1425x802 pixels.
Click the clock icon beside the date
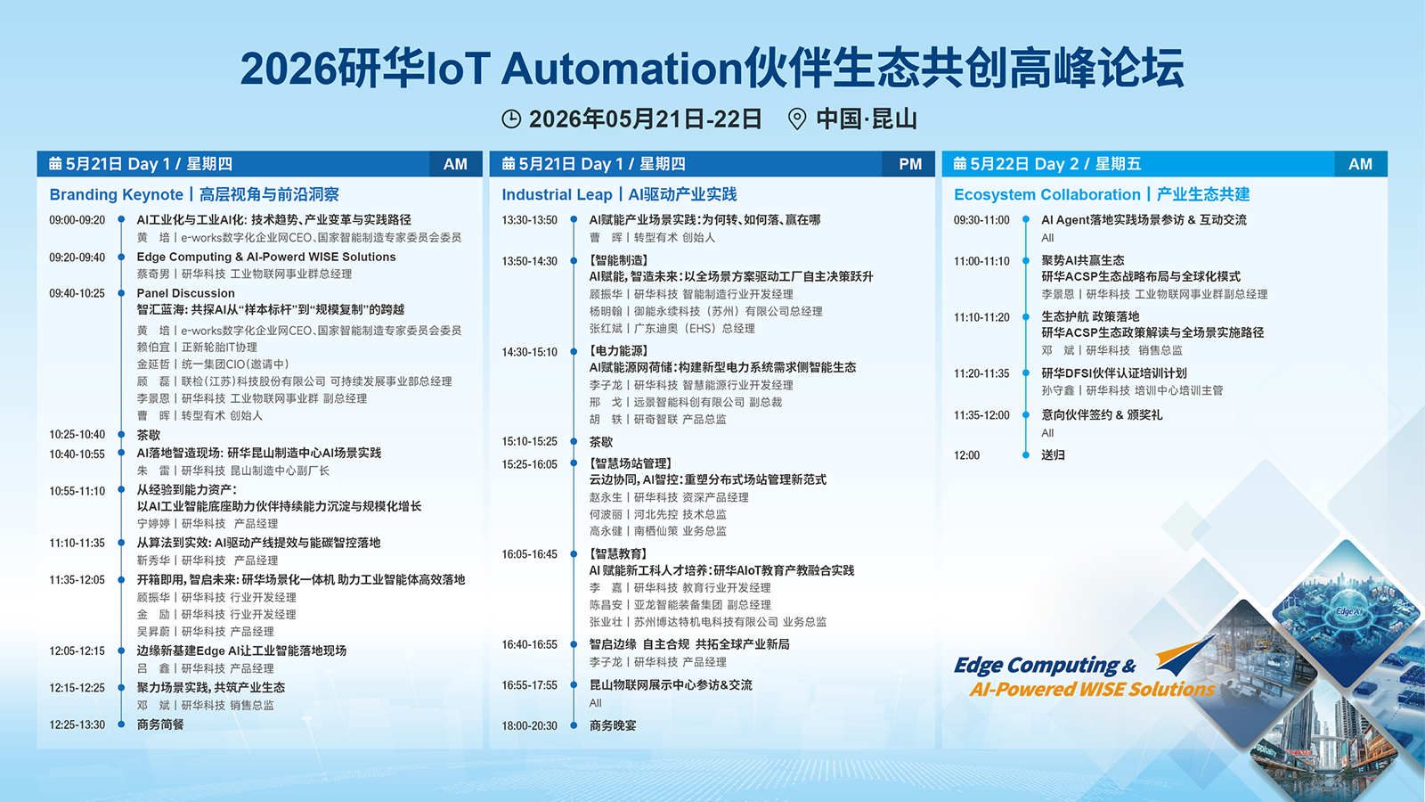click(x=511, y=119)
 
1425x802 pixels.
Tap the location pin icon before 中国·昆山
click(x=796, y=119)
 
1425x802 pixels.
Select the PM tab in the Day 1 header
click(x=909, y=164)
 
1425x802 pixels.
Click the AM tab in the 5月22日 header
click(x=1360, y=164)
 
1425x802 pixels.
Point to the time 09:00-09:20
click(x=77, y=220)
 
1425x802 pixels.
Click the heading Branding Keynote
click(x=116, y=195)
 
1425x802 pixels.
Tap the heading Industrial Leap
click(x=557, y=195)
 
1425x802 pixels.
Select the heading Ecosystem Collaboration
click(x=1046, y=195)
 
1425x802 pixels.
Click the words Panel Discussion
click(x=186, y=293)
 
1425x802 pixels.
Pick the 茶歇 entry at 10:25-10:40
click(x=148, y=435)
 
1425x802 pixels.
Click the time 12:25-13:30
click(x=77, y=725)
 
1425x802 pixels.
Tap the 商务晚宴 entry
click(x=613, y=725)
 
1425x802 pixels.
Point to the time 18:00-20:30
click(x=529, y=726)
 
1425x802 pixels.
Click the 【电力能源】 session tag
click(x=618, y=351)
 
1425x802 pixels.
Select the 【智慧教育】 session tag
click(x=618, y=553)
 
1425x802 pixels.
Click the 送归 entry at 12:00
click(x=1053, y=455)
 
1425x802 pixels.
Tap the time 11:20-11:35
click(x=981, y=373)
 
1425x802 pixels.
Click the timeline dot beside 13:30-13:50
click(x=574, y=219)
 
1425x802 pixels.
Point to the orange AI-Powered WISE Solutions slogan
click(x=1092, y=690)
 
